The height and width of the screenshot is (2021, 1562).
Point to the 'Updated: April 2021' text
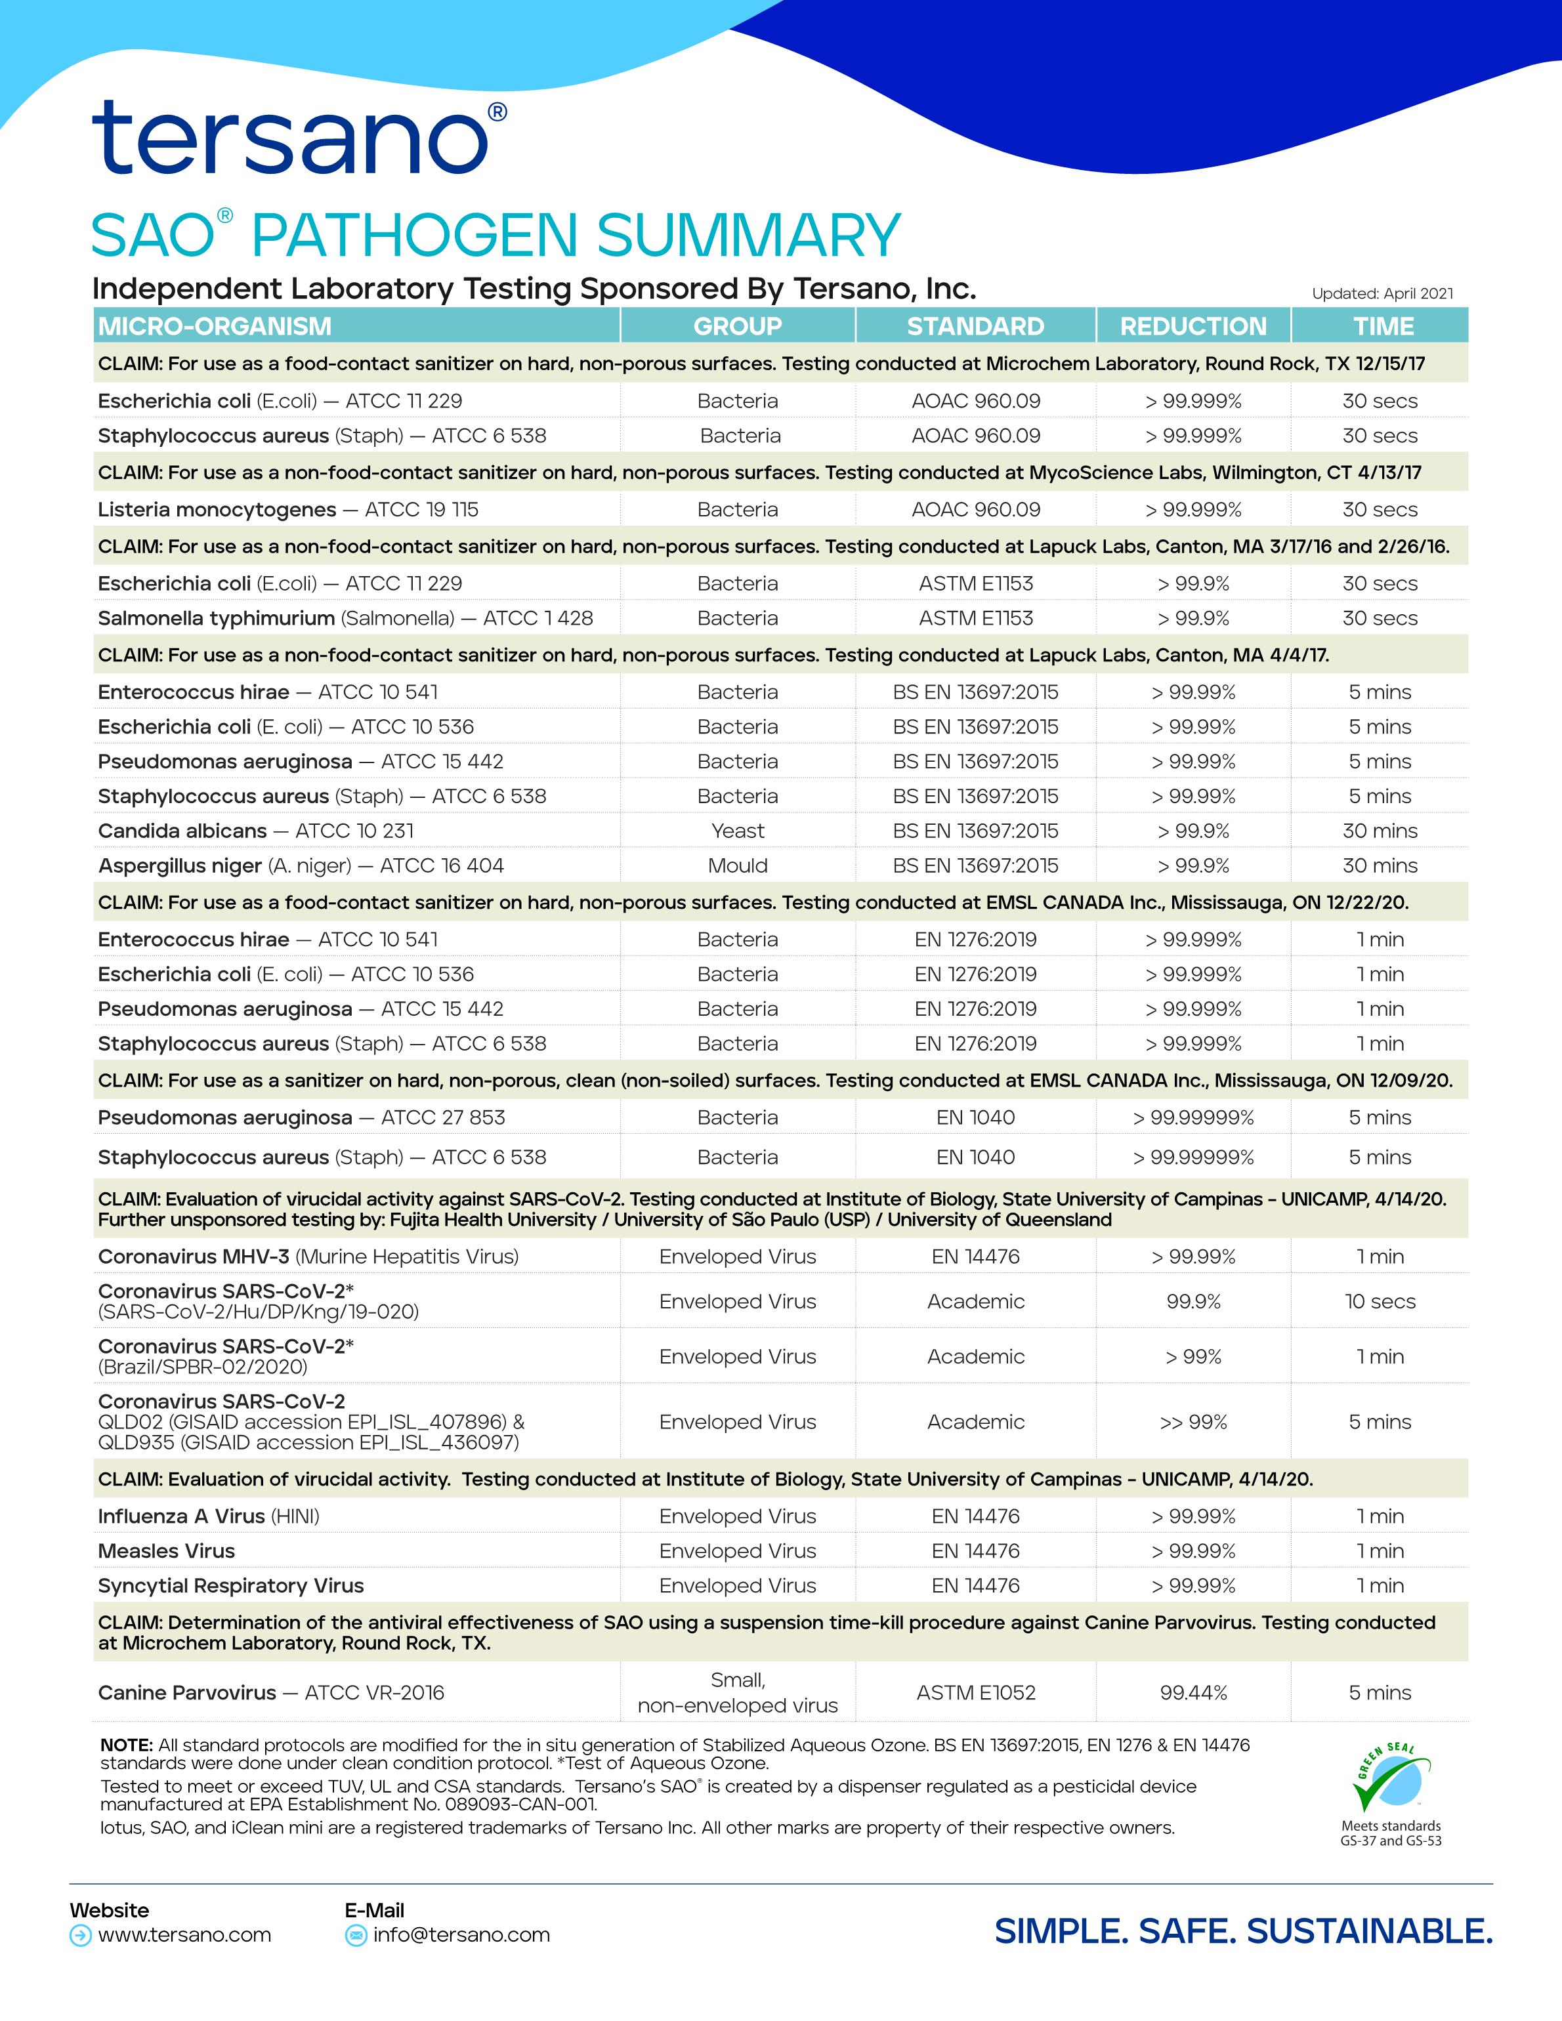1382,293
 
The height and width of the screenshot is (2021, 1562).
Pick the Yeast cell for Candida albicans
738,831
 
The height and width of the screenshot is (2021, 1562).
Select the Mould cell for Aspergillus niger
738,866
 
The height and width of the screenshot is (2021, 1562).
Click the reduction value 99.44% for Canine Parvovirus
1193,1692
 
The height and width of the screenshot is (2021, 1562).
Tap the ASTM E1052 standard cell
975,1692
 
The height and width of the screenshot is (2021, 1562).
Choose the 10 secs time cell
1380,1301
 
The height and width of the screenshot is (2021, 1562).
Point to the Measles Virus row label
167,1551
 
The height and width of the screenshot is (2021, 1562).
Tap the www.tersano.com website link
184,1935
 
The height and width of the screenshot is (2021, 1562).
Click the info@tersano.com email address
461,1935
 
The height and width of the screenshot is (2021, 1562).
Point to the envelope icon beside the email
355,1936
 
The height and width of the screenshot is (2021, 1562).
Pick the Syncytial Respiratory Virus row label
230,1585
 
